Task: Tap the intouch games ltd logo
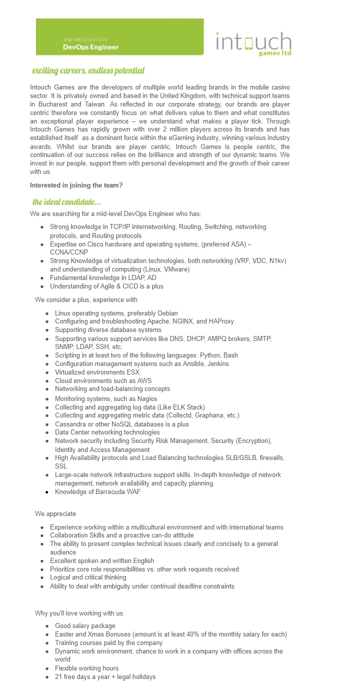(253, 43)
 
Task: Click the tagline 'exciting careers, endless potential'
(88, 70)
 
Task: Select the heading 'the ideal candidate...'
(66, 202)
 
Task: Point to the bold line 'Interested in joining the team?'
(76, 185)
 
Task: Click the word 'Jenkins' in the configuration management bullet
(216, 364)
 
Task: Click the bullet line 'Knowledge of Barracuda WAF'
(97, 491)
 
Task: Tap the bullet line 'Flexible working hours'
(86, 668)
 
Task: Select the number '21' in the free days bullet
(58, 676)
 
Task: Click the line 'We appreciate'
(55, 514)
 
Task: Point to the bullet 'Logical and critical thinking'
(88, 577)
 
